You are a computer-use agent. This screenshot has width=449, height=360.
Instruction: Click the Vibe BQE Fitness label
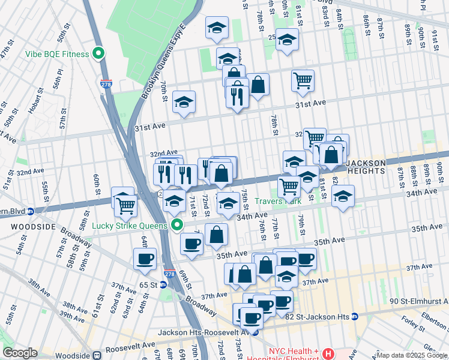[57, 54]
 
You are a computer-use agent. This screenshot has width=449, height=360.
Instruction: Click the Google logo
[20, 352]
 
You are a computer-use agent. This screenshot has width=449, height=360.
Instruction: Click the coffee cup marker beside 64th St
[145, 259]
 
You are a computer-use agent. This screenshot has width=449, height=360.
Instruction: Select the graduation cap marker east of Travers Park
[343, 196]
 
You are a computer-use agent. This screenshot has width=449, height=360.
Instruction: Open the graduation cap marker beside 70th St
[184, 102]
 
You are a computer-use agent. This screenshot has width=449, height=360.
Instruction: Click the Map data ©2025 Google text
[411, 355]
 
